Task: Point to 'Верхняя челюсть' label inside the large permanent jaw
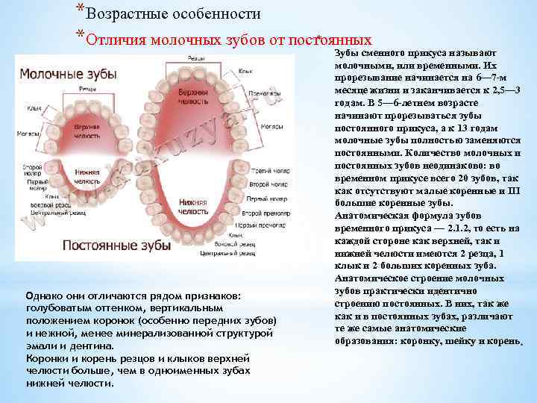[192, 94]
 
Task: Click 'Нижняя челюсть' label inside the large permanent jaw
[192, 205]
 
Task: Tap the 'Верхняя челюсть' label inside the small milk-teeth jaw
[87, 132]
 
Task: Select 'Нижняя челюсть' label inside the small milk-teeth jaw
[87, 176]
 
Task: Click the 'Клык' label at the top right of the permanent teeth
[245, 71]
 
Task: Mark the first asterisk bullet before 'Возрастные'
[79, 7]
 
